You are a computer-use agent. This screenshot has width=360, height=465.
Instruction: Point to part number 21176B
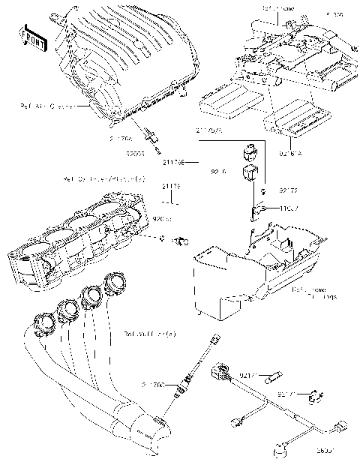tap(172, 161)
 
